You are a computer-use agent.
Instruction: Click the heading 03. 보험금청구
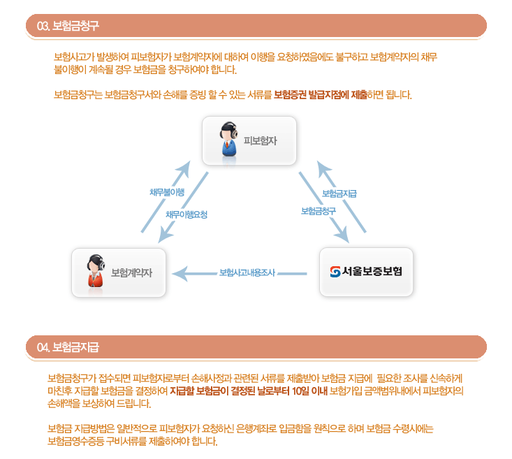[x=68, y=26]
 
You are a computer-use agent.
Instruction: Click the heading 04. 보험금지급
[x=68, y=347]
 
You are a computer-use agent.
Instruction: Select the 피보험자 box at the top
[x=249, y=140]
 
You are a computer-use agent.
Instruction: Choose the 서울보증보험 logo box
[x=366, y=272]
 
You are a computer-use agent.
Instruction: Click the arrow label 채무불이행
[x=167, y=192]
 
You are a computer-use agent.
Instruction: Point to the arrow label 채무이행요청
[x=186, y=214]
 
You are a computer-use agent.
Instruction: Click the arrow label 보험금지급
[x=339, y=194]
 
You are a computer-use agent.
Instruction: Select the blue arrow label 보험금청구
[x=319, y=210]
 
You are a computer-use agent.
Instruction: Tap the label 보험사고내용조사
[x=247, y=272]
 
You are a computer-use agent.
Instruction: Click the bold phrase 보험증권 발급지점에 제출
[x=321, y=94]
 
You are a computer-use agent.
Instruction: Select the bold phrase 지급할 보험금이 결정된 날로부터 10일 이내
[x=249, y=390]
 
